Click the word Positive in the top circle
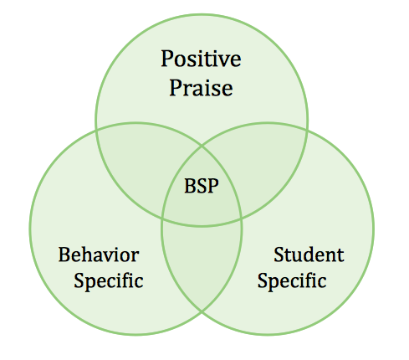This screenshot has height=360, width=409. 201,59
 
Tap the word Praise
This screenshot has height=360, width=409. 201,88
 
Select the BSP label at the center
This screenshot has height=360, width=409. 202,186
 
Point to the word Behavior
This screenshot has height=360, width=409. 99,255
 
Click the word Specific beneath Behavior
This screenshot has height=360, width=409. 109,280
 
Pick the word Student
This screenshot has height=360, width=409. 309,255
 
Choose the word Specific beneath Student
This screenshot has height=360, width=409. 292,280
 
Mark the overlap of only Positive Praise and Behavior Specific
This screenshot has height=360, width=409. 142,165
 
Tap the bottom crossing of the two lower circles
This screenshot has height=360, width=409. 202,312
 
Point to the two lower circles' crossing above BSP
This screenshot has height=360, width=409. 202,146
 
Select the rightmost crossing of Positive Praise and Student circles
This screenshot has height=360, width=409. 307,130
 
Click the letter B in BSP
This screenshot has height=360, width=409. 190,186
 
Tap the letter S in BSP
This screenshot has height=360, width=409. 202,186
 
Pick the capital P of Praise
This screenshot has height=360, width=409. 176,87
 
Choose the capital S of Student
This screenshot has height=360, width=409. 279,255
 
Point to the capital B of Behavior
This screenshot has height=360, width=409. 64,255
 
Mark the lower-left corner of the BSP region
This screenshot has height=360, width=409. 162,219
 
